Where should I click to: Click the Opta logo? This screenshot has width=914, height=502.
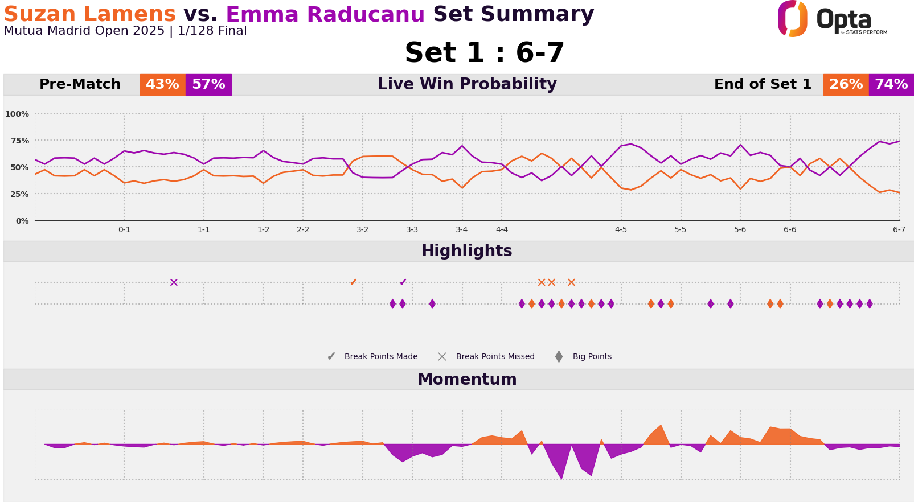tap(831, 19)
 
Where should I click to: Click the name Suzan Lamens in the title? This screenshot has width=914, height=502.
tap(89, 14)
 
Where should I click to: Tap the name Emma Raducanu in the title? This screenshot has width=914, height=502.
tap(325, 14)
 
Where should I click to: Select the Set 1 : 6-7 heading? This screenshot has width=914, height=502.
tap(484, 53)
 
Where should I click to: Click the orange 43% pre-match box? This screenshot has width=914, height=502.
tap(162, 85)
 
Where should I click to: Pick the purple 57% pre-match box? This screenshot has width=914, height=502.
tap(208, 85)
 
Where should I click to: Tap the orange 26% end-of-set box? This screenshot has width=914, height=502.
tap(846, 85)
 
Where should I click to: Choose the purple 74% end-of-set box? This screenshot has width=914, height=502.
tap(891, 85)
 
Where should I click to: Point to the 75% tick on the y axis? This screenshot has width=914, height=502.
tap(18, 141)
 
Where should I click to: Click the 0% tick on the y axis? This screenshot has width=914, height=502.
tap(22, 221)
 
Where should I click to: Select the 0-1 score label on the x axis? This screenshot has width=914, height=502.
tap(124, 230)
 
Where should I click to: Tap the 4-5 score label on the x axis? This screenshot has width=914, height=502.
tap(621, 230)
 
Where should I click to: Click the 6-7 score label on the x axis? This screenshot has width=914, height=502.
tap(899, 230)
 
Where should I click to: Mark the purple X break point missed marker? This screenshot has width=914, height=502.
tap(174, 282)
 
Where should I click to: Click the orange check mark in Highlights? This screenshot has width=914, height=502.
tap(353, 282)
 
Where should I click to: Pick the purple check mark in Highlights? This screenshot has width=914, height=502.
tap(403, 282)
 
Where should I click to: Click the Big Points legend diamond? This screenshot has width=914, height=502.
tap(559, 357)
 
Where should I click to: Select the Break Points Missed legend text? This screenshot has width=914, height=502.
tap(495, 357)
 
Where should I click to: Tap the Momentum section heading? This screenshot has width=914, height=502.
tap(467, 380)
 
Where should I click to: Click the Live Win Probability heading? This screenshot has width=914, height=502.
tap(467, 85)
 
